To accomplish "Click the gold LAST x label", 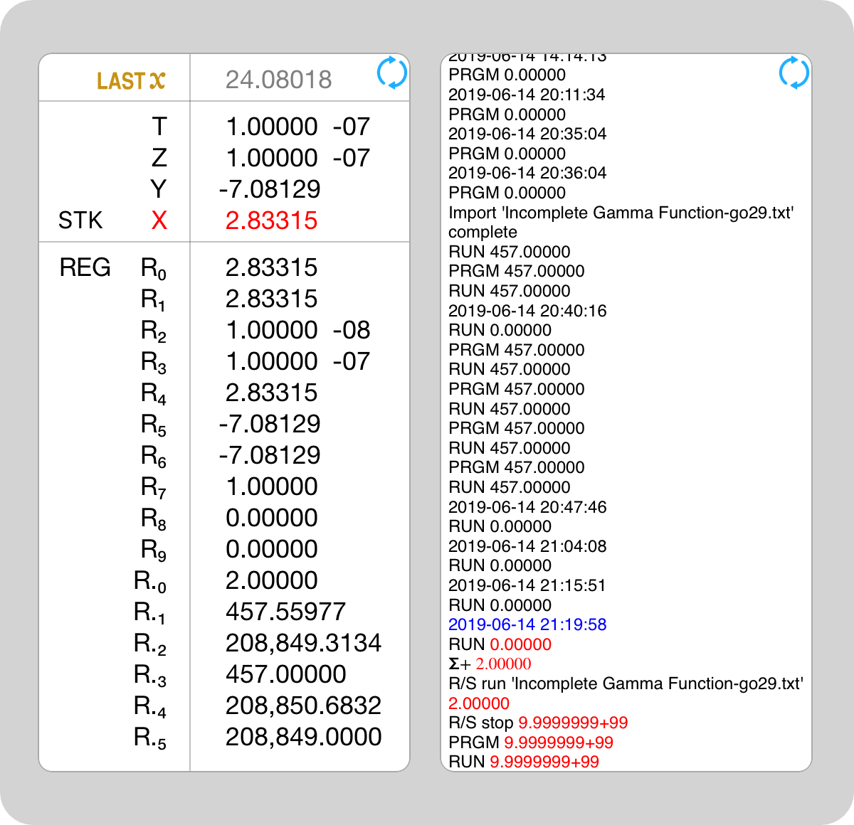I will click(131, 80).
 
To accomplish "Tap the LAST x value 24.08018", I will click(278, 80).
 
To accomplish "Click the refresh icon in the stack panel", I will click(391, 73).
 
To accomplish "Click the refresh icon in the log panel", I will click(794, 73).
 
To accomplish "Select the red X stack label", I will click(159, 220).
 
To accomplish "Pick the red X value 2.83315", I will click(271, 220).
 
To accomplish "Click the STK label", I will click(80, 220).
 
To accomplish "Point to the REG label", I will click(85, 267).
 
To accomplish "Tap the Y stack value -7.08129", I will click(270, 189).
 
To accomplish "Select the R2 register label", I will click(154, 331).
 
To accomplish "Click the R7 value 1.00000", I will click(271, 486).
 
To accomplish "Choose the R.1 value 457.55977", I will click(285, 612).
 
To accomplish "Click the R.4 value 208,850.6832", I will click(303, 706).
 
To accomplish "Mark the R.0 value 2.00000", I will click(271, 580).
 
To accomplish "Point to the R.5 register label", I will click(150, 738).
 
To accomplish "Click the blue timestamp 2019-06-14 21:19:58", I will click(527, 624).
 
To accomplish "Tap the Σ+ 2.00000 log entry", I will click(490, 664).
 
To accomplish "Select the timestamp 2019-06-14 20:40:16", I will click(527, 311).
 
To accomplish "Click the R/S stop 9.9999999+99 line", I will click(538, 723).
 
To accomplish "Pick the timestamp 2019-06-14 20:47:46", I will click(527, 507).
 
